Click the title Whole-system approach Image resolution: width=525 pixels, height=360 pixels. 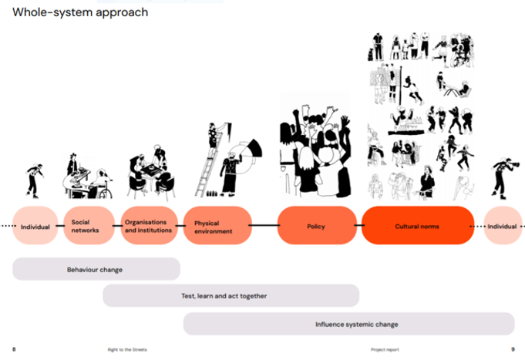(x=80, y=12)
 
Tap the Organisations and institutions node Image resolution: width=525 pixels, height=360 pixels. (x=149, y=226)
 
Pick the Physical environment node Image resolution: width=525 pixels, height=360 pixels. (x=217, y=226)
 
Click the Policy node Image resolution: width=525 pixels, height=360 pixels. (x=315, y=226)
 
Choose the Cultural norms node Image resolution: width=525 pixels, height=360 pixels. (x=417, y=226)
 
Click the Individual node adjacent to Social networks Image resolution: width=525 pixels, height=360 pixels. (x=35, y=226)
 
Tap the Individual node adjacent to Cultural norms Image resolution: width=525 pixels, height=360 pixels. (x=503, y=226)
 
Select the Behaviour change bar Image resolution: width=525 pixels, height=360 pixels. (x=96, y=269)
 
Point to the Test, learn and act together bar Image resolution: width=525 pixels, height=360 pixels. (x=231, y=296)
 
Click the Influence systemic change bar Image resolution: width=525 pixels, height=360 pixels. (x=348, y=324)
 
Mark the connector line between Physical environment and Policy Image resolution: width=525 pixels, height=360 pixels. (x=264, y=226)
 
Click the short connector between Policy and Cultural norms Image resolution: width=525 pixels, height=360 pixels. (x=358, y=226)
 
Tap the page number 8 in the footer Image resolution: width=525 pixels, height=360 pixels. (x=13, y=349)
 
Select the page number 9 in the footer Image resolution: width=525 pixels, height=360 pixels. (x=513, y=349)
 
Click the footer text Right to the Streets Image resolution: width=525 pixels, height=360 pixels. (x=127, y=349)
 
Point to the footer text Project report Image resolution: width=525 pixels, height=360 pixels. (x=385, y=349)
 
